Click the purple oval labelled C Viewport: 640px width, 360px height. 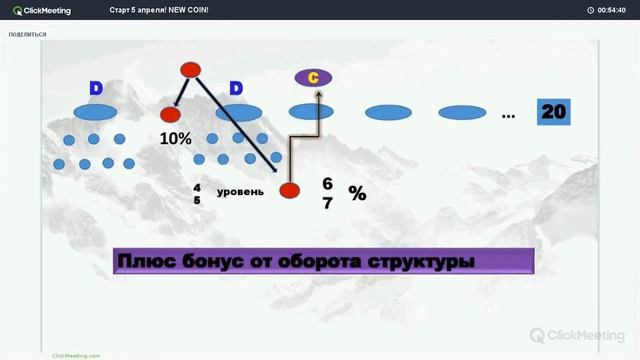click(x=313, y=77)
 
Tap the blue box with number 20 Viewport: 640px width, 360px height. click(x=553, y=112)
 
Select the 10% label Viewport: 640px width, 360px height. click(x=175, y=138)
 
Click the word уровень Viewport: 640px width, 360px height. click(x=240, y=190)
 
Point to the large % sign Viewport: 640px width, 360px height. click(x=357, y=194)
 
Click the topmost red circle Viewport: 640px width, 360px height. click(x=190, y=69)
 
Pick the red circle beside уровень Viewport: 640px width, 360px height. click(x=289, y=190)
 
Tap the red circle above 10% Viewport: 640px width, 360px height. click(x=170, y=115)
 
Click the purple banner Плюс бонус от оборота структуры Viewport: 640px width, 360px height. click(x=322, y=262)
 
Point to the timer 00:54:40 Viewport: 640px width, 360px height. click(x=611, y=10)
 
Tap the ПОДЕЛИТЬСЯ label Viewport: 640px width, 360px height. click(x=27, y=34)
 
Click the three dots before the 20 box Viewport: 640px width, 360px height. click(x=508, y=116)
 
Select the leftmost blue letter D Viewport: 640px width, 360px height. click(x=96, y=88)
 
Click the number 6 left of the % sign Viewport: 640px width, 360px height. click(x=327, y=184)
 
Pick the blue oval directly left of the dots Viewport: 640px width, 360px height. click(x=462, y=112)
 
